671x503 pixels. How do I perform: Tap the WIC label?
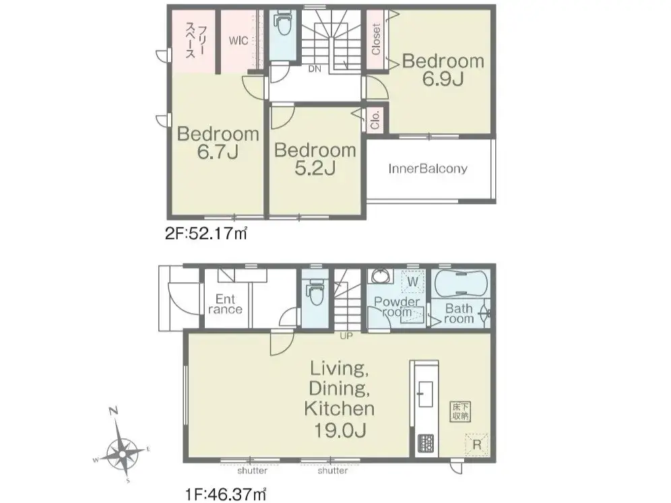pyautogui.click(x=238, y=40)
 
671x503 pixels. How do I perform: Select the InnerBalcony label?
pyautogui.click(x=428, y=168)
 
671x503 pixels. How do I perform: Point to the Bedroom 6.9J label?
pyautogui.click(x=443, y=70)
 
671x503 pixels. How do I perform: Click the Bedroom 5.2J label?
pyautogui.click(x=315, y=159)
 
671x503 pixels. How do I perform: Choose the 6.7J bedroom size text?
pyautogui.click(x=218, y=152)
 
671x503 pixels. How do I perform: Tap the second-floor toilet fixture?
pyautogui.click(x=282, y=26)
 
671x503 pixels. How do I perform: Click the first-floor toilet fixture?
pyautogui.click(x=316, y=292)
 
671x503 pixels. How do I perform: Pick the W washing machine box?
pyautogui.click(x=412, y=282)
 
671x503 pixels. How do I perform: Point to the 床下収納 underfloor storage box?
pyautogui.click(x=461, y=411)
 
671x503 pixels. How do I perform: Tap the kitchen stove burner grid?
pyautogui.click(x=426, y=443)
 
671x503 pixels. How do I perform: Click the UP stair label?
pyautogui.click(x=346, y=336)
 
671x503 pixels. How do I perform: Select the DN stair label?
pyautogui.click(x=315, y=69)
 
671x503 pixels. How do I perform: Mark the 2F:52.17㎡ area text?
pyautogui.click(x=206, y=234)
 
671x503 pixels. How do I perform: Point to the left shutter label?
pyautogui.click(x=253, y=471)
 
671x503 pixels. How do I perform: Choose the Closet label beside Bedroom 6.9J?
pyautogui.click(x=376, y=39)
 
